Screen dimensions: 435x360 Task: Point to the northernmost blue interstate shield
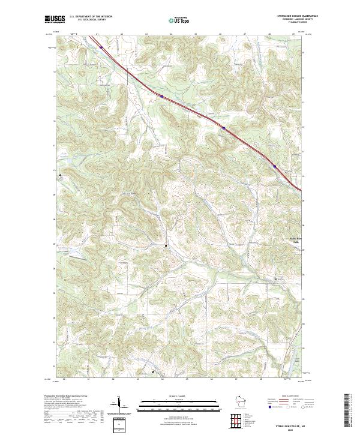click(101, 46)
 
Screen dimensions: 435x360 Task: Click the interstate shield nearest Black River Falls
click(275, 166)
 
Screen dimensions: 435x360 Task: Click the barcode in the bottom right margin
click(347, 409)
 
